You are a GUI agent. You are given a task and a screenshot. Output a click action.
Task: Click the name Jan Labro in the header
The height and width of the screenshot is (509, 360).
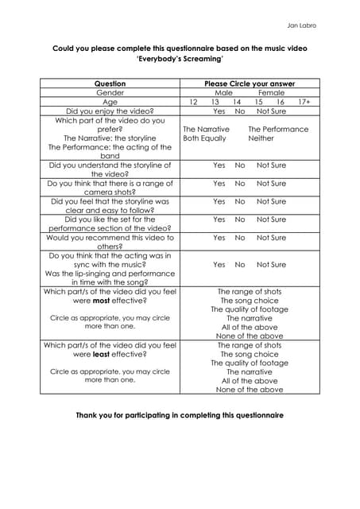click(302, 25)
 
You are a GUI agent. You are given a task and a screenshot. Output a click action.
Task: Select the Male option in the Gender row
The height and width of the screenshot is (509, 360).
click(212, 93)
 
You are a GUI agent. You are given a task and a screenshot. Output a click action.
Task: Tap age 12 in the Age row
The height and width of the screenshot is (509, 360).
click(193, 103)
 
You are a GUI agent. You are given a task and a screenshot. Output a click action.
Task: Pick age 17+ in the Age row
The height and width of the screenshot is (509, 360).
click(304, 103)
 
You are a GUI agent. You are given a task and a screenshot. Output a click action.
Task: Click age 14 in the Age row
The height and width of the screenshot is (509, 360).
click(237, 103)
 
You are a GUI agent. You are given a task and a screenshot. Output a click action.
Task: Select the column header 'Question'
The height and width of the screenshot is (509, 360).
click(110, 84)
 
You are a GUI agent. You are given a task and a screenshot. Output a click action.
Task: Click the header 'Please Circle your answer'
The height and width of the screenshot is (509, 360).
click(250, 84)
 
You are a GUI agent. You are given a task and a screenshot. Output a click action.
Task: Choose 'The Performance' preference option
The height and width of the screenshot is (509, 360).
click(278, 129)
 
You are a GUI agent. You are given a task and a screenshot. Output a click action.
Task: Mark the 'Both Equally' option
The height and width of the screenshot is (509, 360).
click(204, 138)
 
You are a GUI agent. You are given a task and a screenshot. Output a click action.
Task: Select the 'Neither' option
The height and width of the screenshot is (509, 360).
click(261, 138)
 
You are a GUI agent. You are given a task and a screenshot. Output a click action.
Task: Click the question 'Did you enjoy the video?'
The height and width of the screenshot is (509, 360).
click(110, 111)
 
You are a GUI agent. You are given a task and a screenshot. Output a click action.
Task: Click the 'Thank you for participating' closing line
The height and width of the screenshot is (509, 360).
click(179, 415)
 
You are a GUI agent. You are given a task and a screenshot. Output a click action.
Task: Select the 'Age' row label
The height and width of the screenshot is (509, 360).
click(110, 103)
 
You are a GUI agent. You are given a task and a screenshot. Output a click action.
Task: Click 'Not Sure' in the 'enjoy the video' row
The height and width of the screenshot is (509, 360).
click(271, 111)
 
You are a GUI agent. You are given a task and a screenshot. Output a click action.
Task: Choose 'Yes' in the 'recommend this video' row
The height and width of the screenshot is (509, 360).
click(219, 238)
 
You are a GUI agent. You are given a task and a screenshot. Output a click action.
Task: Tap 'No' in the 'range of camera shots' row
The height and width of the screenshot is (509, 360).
click(240, 183)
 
